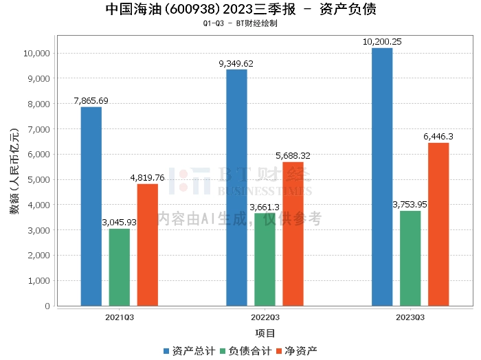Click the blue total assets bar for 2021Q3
pos(91,206)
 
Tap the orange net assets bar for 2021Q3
pos(147,245)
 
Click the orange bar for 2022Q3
pos(293,234)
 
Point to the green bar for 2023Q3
pos(410,258)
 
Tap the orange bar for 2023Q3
pos(438,224)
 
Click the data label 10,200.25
pos(383,42)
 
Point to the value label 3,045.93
pos(119,223)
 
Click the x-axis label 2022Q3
pos(265,317)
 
